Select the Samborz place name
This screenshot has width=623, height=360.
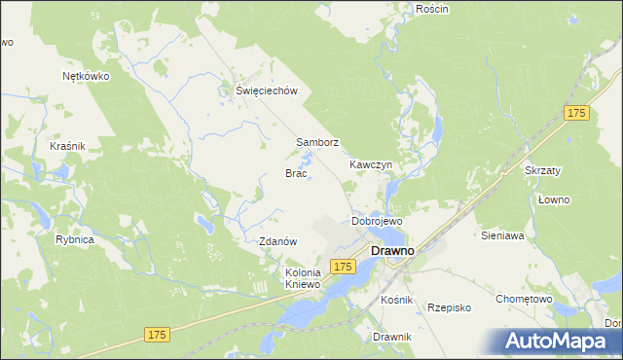(x=317, y=142)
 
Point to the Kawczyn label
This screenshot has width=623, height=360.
(x=371, y=165)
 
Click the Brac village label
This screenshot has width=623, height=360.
(x=296, y=173)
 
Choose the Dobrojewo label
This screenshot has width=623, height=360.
(x=377, y=222)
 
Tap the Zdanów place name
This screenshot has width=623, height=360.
(x=277, y=241)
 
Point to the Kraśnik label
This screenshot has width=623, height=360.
(x=68, y=146)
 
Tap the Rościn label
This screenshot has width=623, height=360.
(x=431, y=9)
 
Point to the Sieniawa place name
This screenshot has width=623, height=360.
(x=503, y=235)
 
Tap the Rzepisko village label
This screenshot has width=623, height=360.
(x=450, y=307)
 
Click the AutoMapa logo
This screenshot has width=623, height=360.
(x=559, y=342)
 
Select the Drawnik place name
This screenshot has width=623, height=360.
(x=392, y=337)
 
